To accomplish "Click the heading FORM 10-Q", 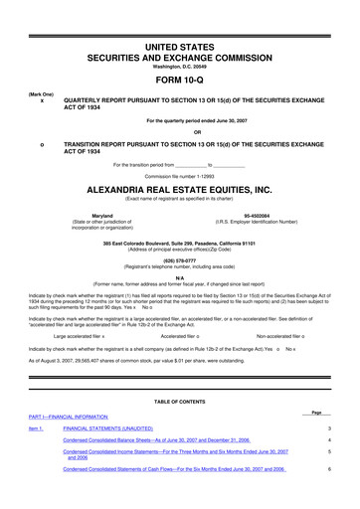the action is [x=179, y=81].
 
